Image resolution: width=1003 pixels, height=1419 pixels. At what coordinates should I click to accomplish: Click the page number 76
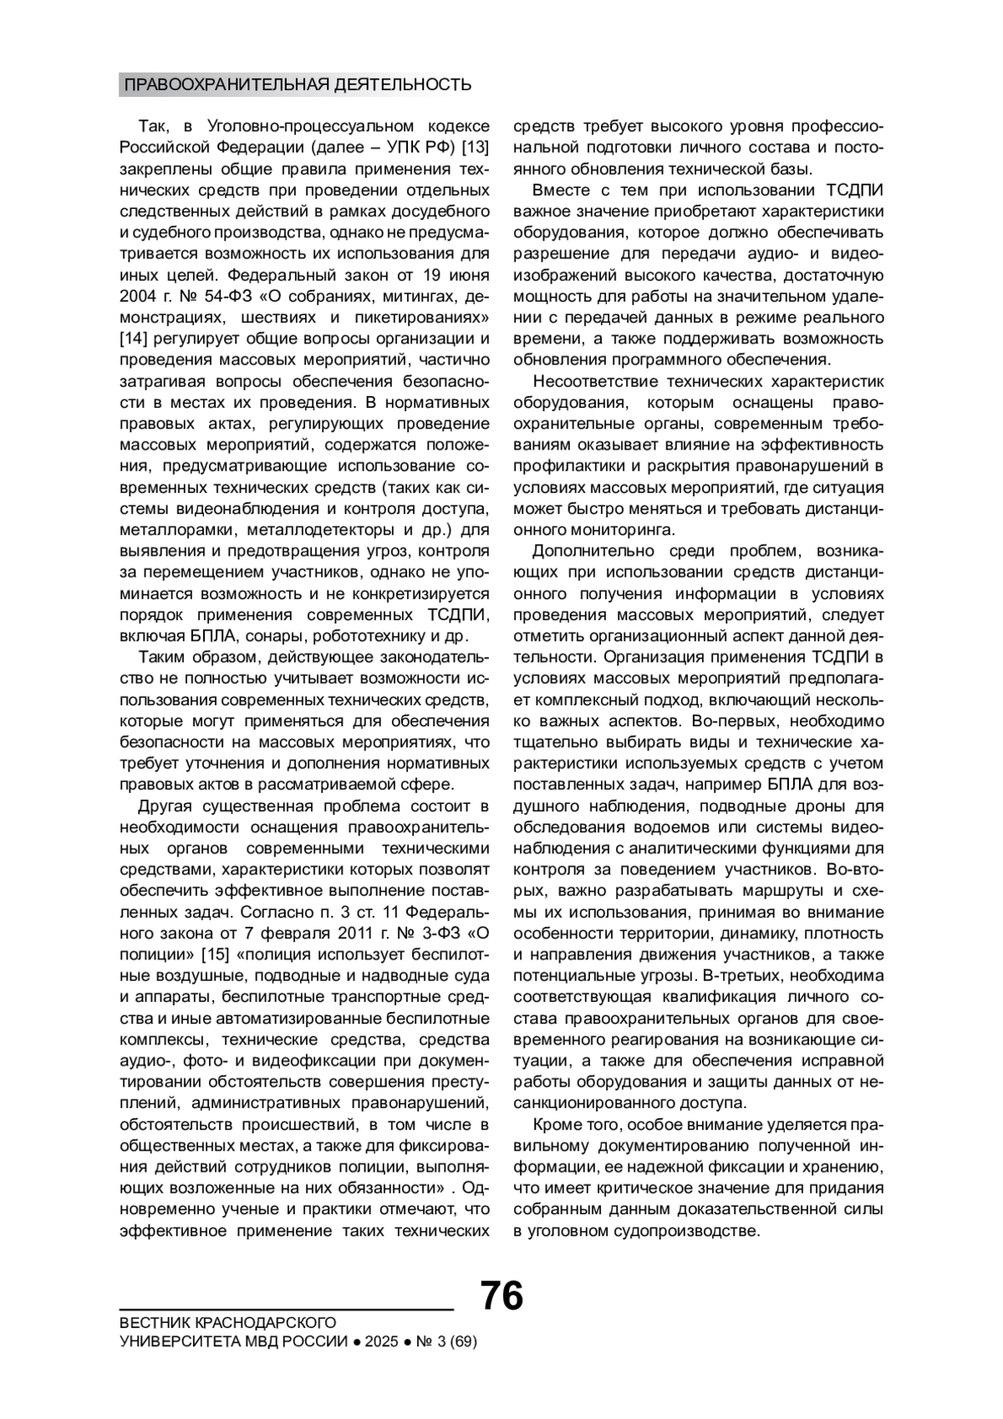[501, 1296]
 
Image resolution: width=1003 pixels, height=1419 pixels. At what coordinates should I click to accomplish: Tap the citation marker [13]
[475, 148]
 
